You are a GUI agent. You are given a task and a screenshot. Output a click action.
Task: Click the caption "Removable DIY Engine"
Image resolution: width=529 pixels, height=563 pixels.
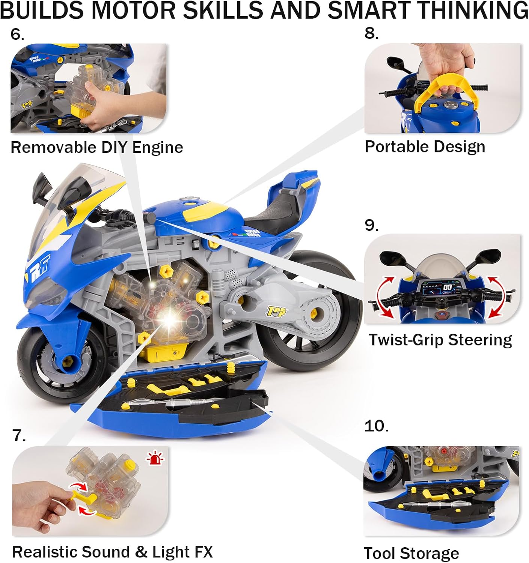pyautogui.click(x=96, y=147)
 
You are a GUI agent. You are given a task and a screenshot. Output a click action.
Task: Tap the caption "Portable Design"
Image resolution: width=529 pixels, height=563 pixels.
pyautogui.click(x=425, y=146)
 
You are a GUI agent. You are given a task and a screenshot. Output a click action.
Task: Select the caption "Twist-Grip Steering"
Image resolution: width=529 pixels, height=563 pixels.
pyautogui.click(x=440, y=340)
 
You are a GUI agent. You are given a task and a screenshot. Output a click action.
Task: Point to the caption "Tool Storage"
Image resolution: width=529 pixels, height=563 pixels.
pyautogui.click(x=411, y=553)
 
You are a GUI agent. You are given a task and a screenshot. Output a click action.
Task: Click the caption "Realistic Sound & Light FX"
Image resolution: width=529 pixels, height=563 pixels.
pyautogui.click(x=112, y=552)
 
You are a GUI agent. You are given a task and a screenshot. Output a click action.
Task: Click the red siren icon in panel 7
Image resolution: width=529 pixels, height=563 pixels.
pyautogui.click(x=156, y=458)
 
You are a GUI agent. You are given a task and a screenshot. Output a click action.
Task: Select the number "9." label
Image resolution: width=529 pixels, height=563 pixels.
pyautogui.click(x=371, y=225)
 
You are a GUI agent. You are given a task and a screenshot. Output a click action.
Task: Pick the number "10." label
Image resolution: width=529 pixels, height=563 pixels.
pyautogui.click(x=376, y=426)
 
